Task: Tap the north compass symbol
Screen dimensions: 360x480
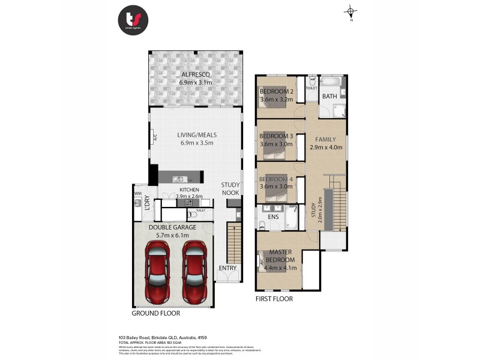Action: [352, 11]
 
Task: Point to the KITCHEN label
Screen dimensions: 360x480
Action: [189, 190]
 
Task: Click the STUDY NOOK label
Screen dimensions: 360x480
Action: [230, 189]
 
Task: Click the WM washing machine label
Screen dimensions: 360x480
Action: [137, 194]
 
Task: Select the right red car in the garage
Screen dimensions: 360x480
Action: [194, 272]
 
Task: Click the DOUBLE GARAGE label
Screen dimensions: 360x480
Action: [173, 227]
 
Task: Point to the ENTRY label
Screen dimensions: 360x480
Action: [227, 268]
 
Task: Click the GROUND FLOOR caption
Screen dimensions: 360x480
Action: [155, 313]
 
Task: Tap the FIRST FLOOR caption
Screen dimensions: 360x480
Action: [274, 298]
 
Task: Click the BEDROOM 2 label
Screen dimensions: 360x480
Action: [277, 92]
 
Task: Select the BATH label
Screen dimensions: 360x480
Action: [329, 96]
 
